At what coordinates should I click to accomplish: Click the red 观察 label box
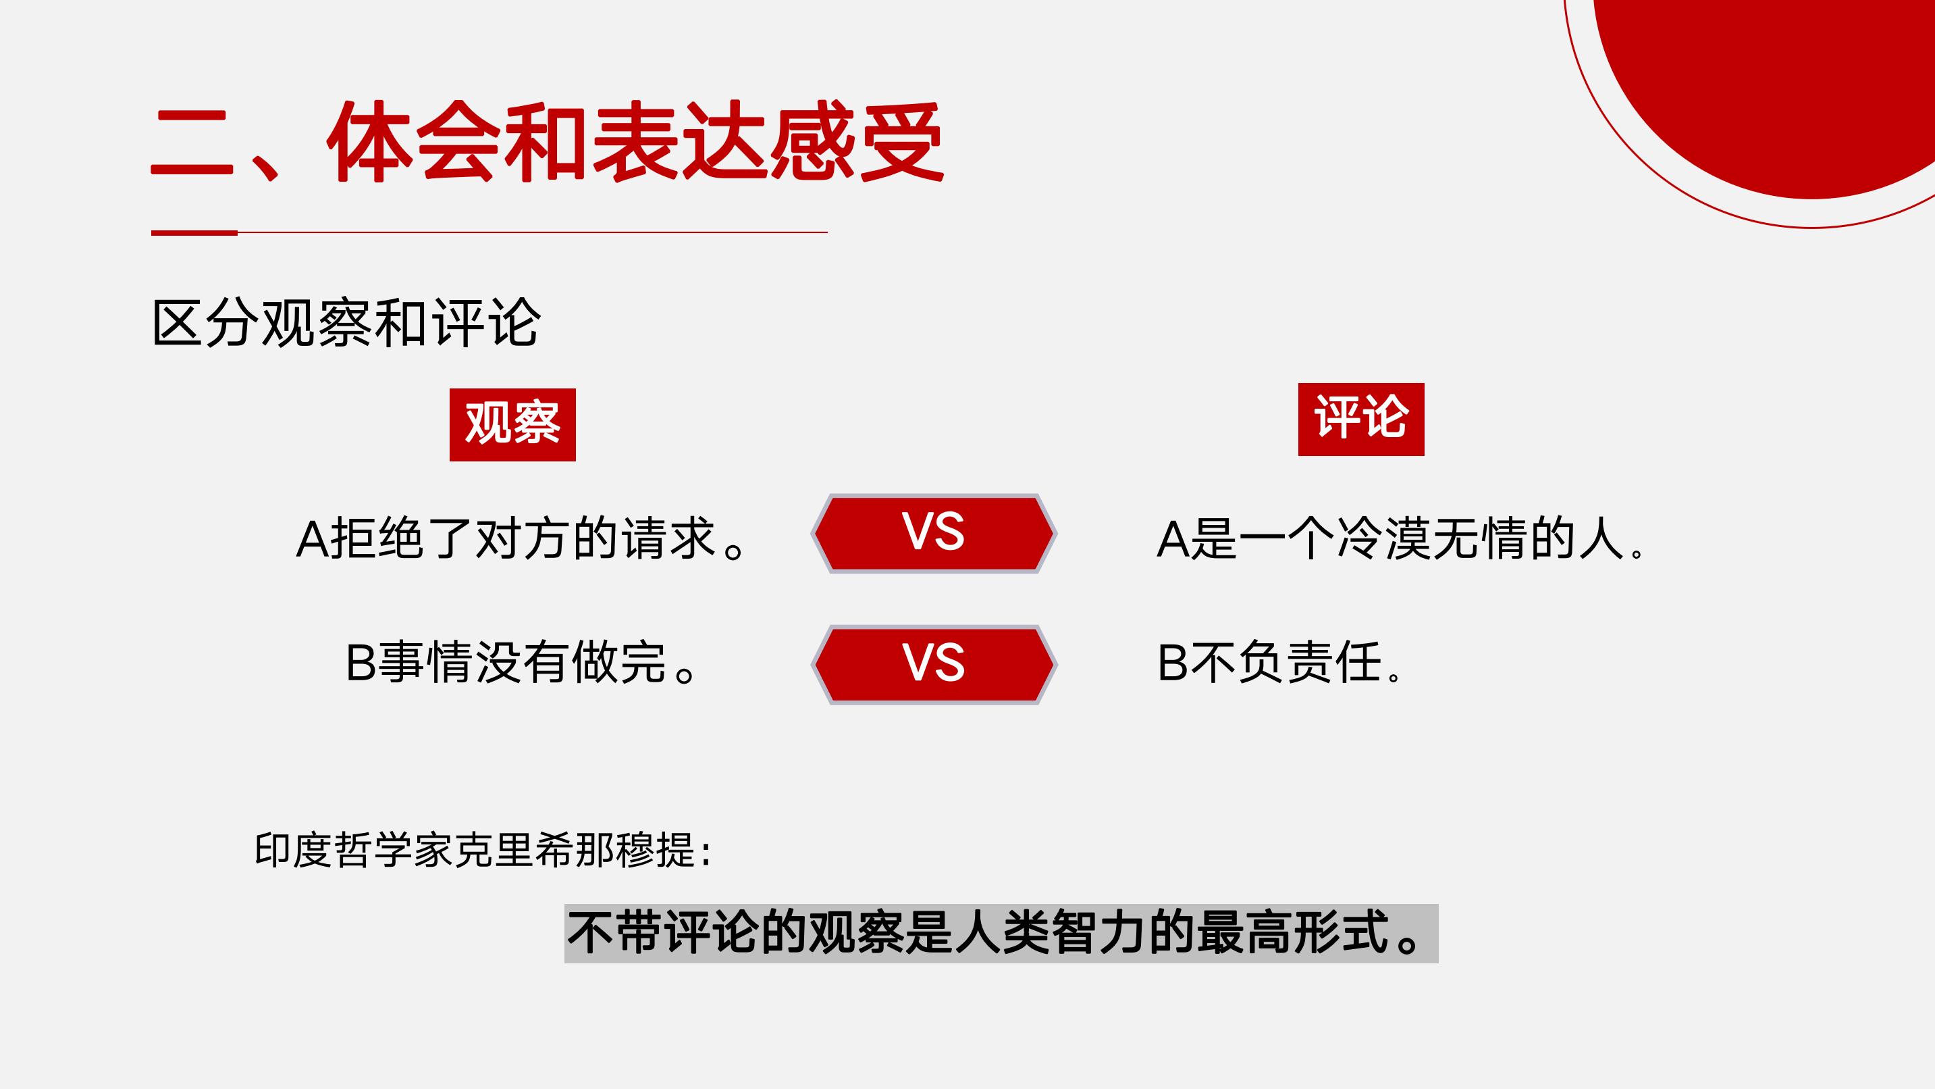[512, 425]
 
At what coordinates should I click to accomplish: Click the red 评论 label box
[1361, 420]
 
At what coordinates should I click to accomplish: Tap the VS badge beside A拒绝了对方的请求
[934, 533]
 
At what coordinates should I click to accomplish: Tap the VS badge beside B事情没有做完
[934, 663]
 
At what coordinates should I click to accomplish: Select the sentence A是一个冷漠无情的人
[1401, 538]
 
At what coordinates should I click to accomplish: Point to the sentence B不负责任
[1279, 662]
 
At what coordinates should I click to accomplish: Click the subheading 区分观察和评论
[346, 323]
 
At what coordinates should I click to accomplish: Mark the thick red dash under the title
[194, 233]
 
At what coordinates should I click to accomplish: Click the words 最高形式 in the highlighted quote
[1293, 933]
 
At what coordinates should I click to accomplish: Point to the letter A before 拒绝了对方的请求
[313, 539]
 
